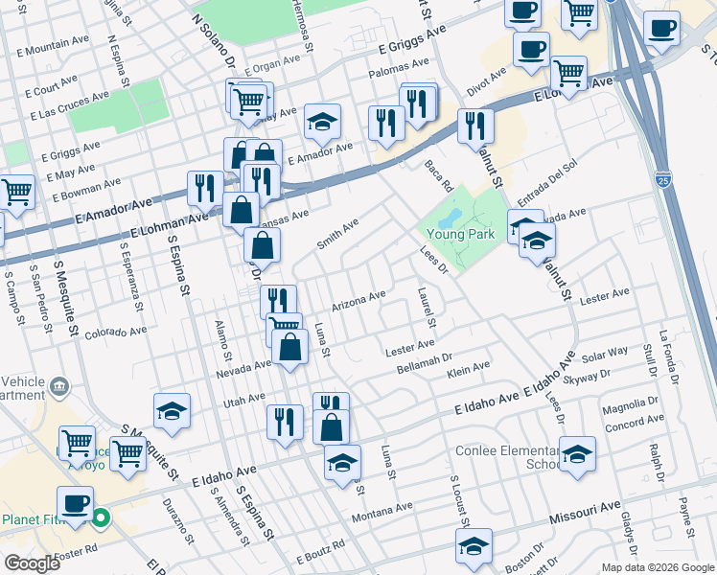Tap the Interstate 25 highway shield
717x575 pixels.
[663, 179]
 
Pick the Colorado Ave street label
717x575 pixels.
[115, 333]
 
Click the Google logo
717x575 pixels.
[32, 563]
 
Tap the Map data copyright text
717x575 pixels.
[658, 567]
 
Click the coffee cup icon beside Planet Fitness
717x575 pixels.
[75, 502]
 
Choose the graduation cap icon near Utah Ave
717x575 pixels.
[172, 411]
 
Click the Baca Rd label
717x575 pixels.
[438, 174]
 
